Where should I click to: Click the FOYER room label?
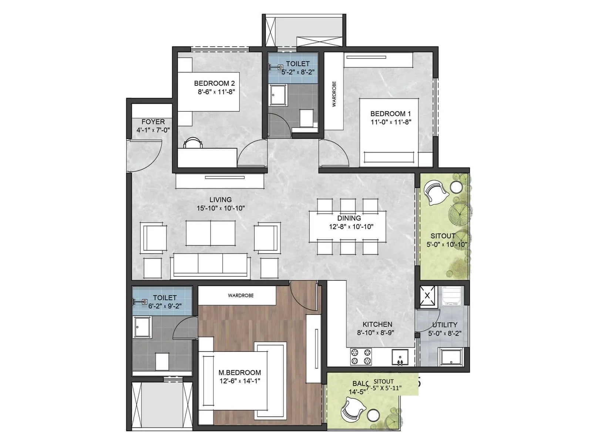click(x=153, y=122)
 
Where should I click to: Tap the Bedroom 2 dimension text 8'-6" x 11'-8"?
click(x=216, y=92)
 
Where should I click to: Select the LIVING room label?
click(x=221, y=200)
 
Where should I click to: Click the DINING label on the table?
click(x=349, y=218)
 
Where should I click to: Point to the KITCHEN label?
click(x=377, y=324)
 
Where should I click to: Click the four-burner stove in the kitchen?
click(x=361, y=357)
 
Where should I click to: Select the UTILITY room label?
click(x=444, y=325)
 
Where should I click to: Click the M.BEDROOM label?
click(x=239, y=373)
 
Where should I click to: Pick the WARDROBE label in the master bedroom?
click(x=240, y=296)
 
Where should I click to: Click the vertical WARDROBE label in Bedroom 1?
click(x=334, y=94)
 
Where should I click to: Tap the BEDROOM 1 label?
click(x=390, y=114)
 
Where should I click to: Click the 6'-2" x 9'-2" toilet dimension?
click(x=165, y=306)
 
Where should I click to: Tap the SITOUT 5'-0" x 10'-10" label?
click(x=446, y=240)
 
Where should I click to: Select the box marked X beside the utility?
click(x=427, y=296)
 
